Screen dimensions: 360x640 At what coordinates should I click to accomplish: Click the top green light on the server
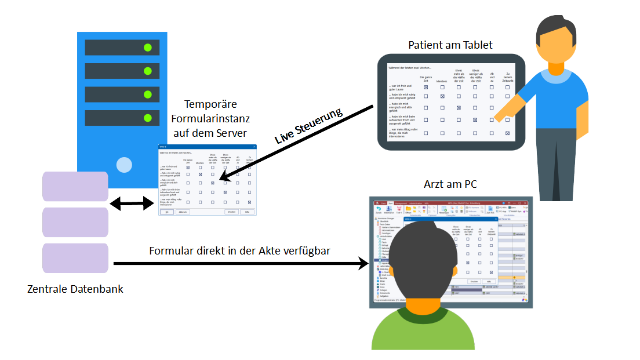pyautogui.click(x=148, y=48)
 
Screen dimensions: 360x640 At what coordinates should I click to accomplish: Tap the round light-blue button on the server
pyautogui.click(x=124, y=165)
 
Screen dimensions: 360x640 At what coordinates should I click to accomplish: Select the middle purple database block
pyautogui.click(x=75, y=223)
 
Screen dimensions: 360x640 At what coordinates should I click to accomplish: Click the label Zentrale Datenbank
pyautogui.click(x=75, y=289)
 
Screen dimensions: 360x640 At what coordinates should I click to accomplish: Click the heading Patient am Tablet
pyautogui.click(x=450, y=45)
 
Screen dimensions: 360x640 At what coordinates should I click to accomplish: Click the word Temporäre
pyautogui.click(x=209, y=104)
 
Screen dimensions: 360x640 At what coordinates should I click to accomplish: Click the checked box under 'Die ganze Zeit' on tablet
pyautogui.click(x=426, y=87)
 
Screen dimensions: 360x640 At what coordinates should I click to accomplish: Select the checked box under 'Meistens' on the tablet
pyautogui.click(x=442, y=97)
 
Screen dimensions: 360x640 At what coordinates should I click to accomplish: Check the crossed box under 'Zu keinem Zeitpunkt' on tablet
pyautogui.click(x=507, y=133)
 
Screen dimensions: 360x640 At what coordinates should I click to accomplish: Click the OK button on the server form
pyautogui.click(x=166, y=212)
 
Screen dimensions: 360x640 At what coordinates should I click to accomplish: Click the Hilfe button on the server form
pyautogui.click(x=249, y=212)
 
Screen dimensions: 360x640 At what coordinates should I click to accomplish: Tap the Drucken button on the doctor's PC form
pyautogui.click(x=474, y=281)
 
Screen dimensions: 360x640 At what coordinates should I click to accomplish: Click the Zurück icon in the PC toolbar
pyautogui.click(x=379, y=210)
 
